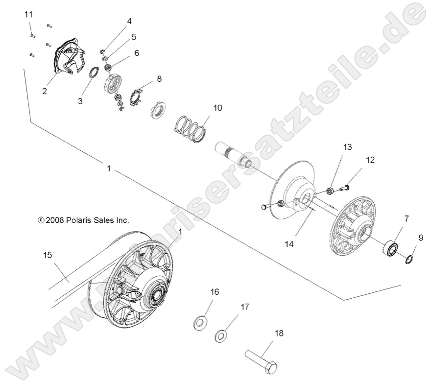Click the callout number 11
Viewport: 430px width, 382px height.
[28, 14]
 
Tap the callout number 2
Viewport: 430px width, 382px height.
[44, 91]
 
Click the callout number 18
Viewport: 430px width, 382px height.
[279, 334]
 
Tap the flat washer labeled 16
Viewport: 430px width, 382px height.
[199, 322]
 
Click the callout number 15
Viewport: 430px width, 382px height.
[48, 255]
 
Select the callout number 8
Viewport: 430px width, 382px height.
[159, 78]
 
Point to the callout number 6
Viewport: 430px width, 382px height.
[136, 52]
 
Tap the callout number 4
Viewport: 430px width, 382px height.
[129, 21]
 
